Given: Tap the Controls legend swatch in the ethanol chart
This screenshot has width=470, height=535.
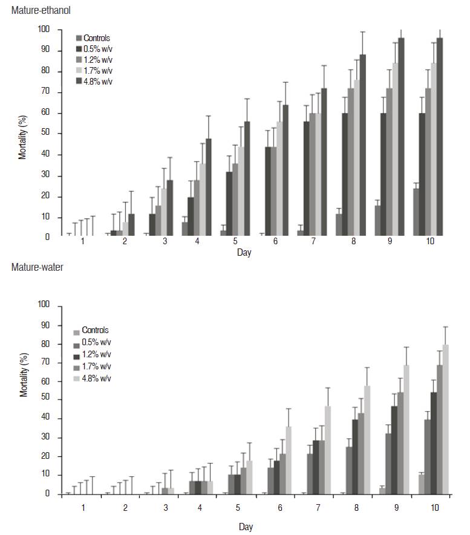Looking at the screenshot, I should [79, 38].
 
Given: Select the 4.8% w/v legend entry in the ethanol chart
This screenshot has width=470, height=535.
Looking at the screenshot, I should [97, 82].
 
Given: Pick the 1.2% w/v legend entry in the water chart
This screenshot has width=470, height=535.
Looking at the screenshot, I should [96, 354].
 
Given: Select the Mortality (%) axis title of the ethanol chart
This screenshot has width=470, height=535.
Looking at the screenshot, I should [22, 134].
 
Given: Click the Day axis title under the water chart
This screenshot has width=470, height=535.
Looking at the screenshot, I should [246, 527].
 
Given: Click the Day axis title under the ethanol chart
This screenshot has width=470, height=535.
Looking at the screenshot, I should [244, 253].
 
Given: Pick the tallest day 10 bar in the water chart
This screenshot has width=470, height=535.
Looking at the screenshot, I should [445, 420].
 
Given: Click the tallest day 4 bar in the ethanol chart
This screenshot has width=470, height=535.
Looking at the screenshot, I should [209, 187].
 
